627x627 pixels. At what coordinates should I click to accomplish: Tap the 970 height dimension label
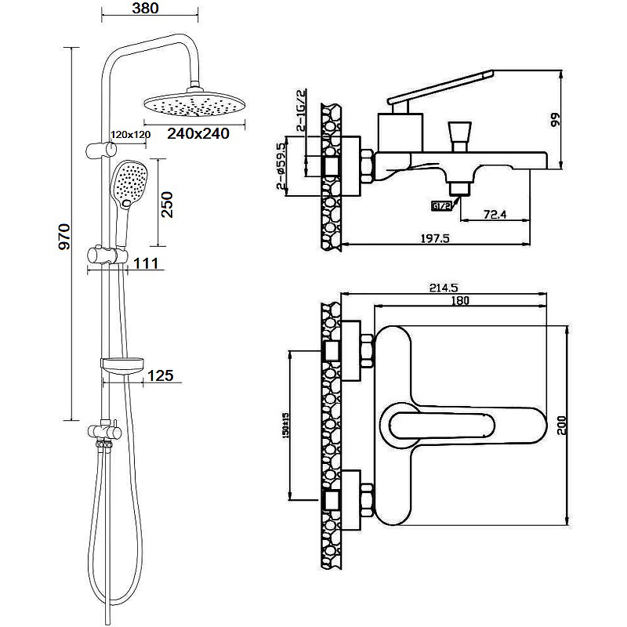[x=65, y=236]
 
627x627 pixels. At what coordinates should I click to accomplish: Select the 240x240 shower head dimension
[x=198, y=133]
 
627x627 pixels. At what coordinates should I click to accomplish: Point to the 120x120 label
[x=130, y=134]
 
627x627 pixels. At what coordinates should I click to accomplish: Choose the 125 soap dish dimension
[x=160, y=376]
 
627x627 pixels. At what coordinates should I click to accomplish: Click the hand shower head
[x=129, y=183]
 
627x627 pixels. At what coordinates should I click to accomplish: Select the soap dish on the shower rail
[x=123, y=363]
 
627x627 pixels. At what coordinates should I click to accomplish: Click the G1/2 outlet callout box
[x=441, y=206]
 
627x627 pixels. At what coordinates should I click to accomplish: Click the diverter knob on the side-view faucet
[x=458, y=134]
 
